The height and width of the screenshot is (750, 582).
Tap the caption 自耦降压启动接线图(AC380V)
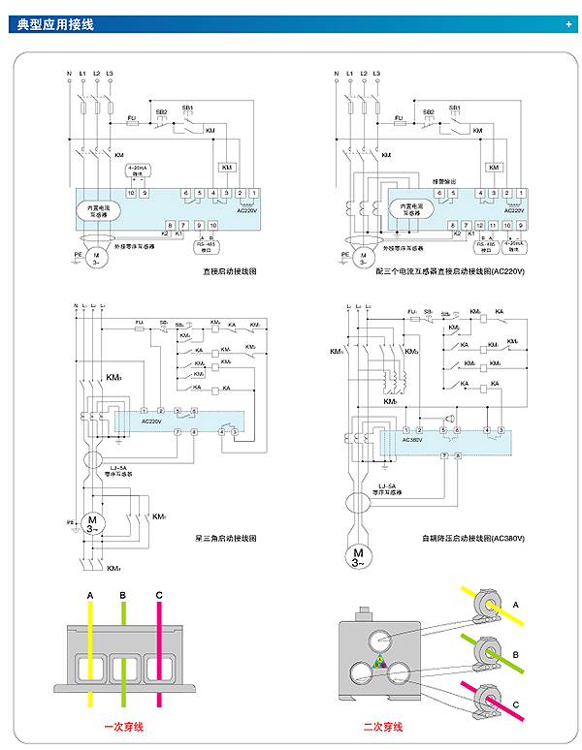click(x=472, y=538)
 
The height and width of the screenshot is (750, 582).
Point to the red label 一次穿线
click(x=123, y=726)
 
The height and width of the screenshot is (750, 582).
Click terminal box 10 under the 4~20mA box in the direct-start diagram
click(x=131, y=194)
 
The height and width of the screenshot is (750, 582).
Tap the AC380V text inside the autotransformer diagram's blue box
click(x=415, y=439)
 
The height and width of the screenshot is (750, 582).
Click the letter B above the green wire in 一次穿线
click(x=123, y=595)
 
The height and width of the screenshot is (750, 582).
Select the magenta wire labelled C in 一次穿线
click(x=158, y=659)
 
